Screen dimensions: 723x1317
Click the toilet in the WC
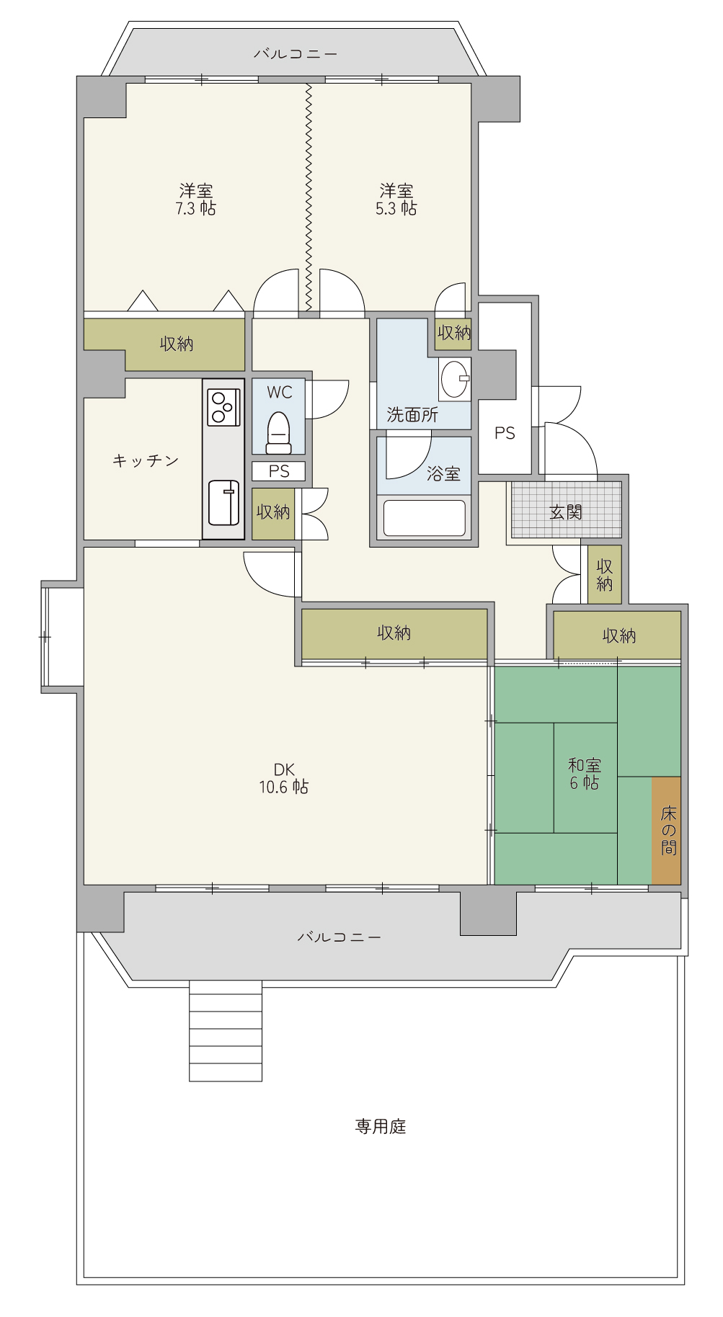(278, 432)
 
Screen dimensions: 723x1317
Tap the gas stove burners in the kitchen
(223, 407)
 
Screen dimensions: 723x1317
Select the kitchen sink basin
(223, 502)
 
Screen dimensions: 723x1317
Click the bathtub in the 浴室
(424, 518)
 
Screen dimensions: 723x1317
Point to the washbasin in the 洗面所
(456, 379)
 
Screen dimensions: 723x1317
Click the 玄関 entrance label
(565, 512)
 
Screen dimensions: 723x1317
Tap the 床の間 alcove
(667, 830)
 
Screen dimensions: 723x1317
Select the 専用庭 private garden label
(381, 1126)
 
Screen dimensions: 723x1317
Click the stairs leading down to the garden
(226, 1031)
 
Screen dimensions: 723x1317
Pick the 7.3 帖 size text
(195, 209)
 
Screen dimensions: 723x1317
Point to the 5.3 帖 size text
(396, 209)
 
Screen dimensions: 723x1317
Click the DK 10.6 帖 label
(284, 778)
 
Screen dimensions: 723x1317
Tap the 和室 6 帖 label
(584, 774)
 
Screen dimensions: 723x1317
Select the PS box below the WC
(278, 471)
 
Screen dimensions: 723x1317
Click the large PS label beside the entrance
(505, 433)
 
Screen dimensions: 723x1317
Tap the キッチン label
(146, 460)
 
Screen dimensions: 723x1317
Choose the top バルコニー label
(296, 53)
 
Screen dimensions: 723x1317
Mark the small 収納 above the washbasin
(453, 333)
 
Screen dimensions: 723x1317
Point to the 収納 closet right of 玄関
(604, 574)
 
